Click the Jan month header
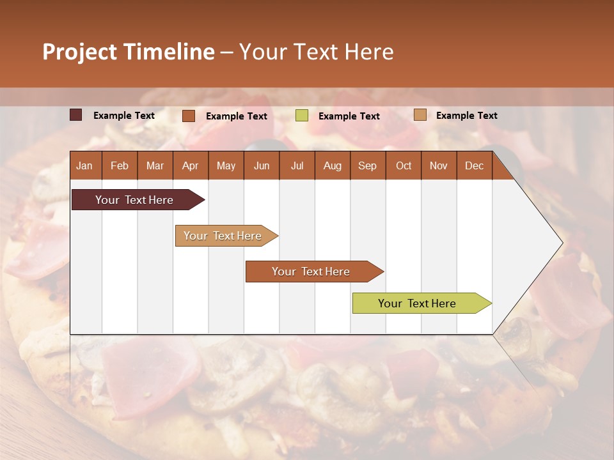tap(84, 165)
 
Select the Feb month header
tap(120, 165)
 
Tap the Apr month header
tap(190, 165)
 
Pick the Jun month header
tap(262, 165)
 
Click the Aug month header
tap(332, 165)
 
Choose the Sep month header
tap(367, 165)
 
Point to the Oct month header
tap(404, 165)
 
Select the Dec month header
tap(474, 165)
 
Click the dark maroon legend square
tap(76, 115)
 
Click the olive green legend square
tap(302, 116)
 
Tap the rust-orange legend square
tap(189, 116)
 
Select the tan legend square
tap(420, 115)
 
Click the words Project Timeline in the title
tap(128, 52)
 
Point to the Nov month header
tap(439, 165)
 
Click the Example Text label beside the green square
tap(349, 116)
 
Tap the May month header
tap(226, 165)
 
